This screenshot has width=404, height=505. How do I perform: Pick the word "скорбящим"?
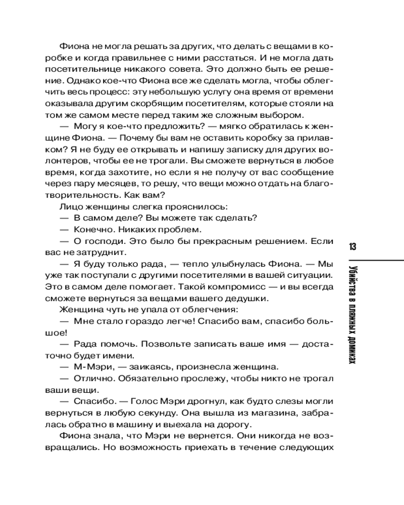(x=170, y=103)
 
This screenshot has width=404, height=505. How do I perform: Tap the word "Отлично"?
(x=94, y=379)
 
